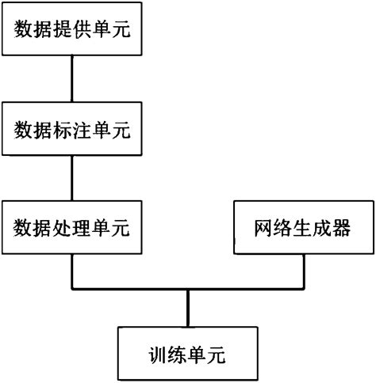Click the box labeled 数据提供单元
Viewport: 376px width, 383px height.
coord(71,30)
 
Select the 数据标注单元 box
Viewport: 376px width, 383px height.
coord(71,127)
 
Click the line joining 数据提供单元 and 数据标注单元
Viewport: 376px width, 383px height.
coord(71,79)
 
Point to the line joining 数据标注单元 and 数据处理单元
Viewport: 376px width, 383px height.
coord(71,178)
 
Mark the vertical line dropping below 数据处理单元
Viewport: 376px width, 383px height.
coord(71,271)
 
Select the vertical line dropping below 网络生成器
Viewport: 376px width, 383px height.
coord(303,271)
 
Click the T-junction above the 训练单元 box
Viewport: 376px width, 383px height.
coord(187,289)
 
